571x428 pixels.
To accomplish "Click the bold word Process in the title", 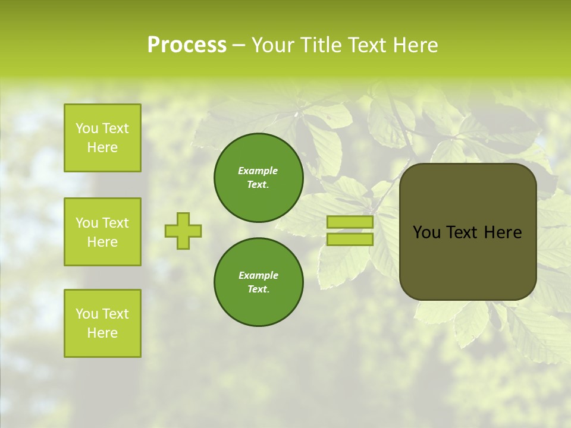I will pyautogui.click(x=187, y=45).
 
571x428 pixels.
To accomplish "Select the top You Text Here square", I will pyautogui.click(x=102, y=138).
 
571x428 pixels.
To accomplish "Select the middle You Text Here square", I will pyautogui.click(x=102, y=232).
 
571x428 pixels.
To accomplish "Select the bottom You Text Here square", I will pyautogui.click(x=102, y=323).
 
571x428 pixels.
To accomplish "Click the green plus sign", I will pyautogui.click(x=183, y=231).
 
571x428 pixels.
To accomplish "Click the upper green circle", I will pyautogui.click(x=259, y=178).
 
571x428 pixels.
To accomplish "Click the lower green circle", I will pyautogui.click(x=259, y=282).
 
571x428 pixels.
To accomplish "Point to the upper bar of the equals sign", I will pyautogui.click(x=350, y=222).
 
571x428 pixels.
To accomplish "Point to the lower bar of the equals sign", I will pyautogui.click(x=350, y=240).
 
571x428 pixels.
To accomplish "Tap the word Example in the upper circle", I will pyautogui.click(x=258, y=171).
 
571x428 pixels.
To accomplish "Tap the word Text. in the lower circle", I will pyautogui.click(x=259, y=289).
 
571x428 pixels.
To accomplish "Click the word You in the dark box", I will pyautogui.click(x=426, y=232).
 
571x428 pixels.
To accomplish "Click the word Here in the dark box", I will pyautogui.click(x=503, y=232).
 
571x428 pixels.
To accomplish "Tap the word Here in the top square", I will pyautogui.click(x=102, y=147).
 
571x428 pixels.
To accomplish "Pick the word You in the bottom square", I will pyautogui.click(x=87, y=314).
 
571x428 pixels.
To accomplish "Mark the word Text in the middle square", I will pyautogui.click(x=115, y=223).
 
